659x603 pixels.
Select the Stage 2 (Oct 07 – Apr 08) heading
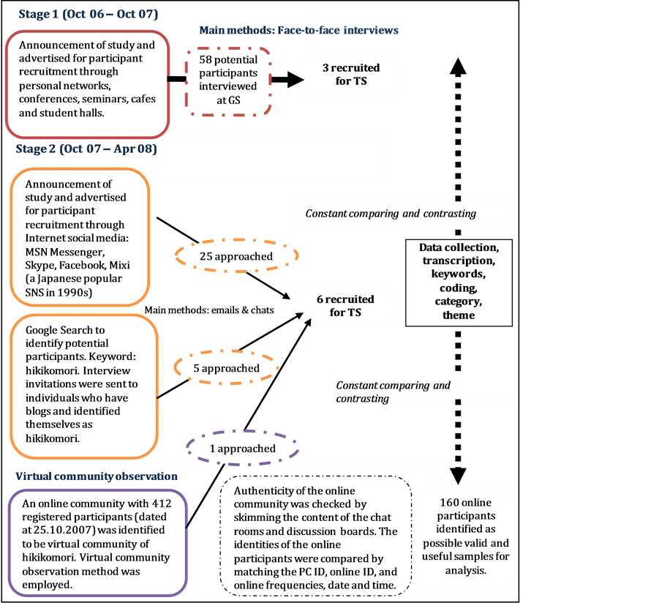pyautogui.click(x=86, y=149)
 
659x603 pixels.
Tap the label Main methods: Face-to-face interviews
pyautogui.click(x=298, y=30)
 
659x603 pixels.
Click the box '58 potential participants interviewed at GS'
pyautogui.click(x=228, y=81)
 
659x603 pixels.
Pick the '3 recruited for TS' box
pyautogui.click(x=350, y=75)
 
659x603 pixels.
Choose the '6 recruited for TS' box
pyautogui.click(x=345, y=306)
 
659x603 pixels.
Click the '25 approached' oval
pyautogui.click(x=236, y=257)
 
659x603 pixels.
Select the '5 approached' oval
pyautogui.click(x=226, y=368)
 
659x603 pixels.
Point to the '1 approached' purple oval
pyautogui.click(x=243, y=449)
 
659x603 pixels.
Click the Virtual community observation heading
pyautogui.click(x=97, y=476)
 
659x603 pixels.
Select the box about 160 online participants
pyautogui.click(x=466, y=536)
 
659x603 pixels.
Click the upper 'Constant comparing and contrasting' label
pyautogui.click(x=391, y=214)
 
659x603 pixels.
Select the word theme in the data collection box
pyautogui.click(x=459, y=315)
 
